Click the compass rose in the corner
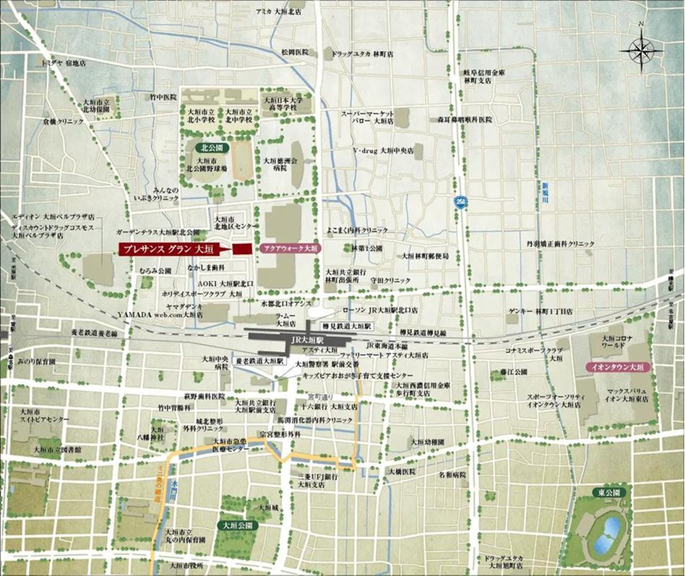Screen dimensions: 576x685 tap(641, 50)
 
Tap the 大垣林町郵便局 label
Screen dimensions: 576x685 tap(426, 255)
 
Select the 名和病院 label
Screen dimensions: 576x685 tap(452, 475)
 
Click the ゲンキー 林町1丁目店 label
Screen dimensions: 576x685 tap(540, 311)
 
